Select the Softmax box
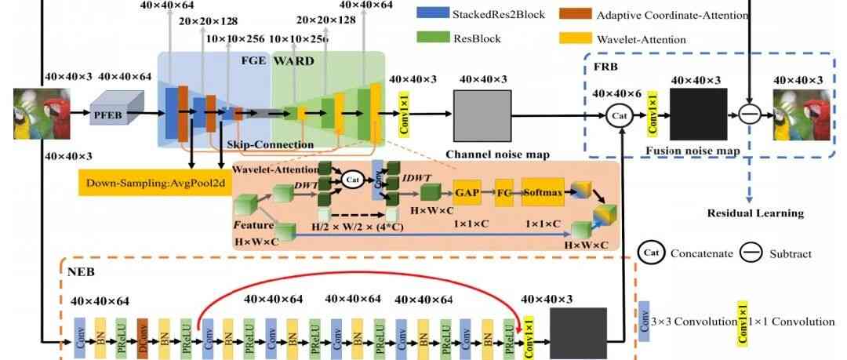542,191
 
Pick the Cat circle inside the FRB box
620,115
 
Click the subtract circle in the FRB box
748,115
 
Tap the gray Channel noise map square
482,115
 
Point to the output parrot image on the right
802,115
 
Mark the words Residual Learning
755,213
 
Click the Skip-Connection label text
258,144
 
